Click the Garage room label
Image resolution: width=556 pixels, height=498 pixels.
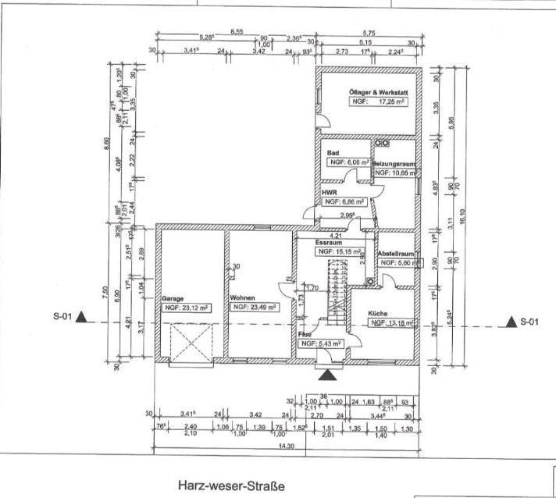tap(173, 298)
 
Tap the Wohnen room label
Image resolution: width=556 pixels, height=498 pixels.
tap(243, 298)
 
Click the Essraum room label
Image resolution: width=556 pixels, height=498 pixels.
tap(329, 244)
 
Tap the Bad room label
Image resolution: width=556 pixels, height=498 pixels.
tap(333, 153)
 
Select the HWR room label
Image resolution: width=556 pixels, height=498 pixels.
tap(330, 192)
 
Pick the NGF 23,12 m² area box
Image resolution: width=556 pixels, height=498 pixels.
tap(187, 308)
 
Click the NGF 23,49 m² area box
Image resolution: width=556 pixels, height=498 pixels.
tap(255, 308)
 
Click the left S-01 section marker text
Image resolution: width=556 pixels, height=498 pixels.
tap(63, 317)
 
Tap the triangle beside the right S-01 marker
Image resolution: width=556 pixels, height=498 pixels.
tap(511, 322)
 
